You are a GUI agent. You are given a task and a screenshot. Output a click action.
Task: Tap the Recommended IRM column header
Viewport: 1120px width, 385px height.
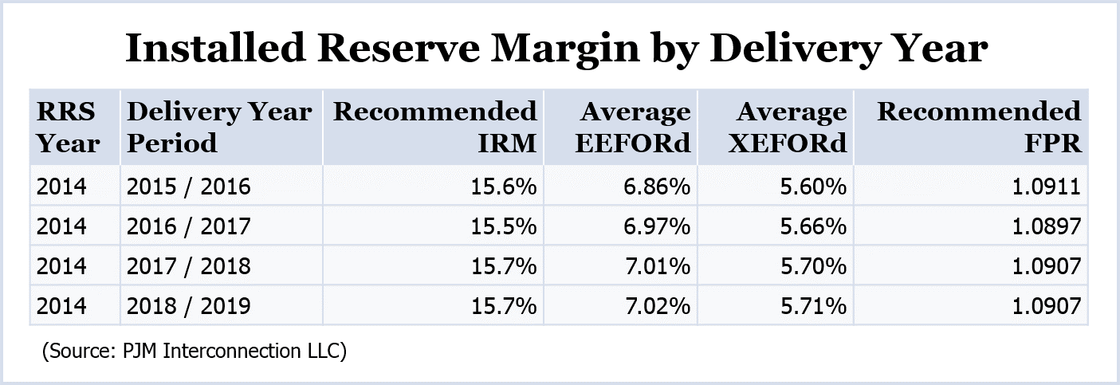coord(435,127)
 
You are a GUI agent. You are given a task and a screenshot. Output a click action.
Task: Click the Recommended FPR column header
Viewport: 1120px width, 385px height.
coord(979,127)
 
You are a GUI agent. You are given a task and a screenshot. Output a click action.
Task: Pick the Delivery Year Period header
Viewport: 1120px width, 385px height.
coord(218,127)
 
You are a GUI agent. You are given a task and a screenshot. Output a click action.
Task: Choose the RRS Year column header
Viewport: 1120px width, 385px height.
coord(69,127)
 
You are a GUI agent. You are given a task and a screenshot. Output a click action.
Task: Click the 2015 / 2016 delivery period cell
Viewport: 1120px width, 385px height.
coord(188,187)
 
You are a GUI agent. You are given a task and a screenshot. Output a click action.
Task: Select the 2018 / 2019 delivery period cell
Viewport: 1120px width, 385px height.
coord(188,305)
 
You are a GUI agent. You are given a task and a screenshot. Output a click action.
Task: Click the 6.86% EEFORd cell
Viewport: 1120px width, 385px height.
coord(656,187)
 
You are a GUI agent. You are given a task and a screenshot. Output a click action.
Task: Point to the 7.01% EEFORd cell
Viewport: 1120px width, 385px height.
coord(656,266)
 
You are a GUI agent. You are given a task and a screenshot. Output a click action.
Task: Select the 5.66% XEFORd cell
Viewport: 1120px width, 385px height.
coord(812,226)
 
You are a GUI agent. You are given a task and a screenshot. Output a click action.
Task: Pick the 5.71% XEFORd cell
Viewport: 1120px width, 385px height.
coord(812,305)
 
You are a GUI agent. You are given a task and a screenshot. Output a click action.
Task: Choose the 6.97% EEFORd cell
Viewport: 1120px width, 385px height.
coord(656,226)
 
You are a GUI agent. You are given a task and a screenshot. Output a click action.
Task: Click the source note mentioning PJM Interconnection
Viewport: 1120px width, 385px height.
coord(194,352)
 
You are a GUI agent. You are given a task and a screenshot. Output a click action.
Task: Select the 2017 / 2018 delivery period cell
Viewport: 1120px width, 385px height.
coord(188,266)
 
